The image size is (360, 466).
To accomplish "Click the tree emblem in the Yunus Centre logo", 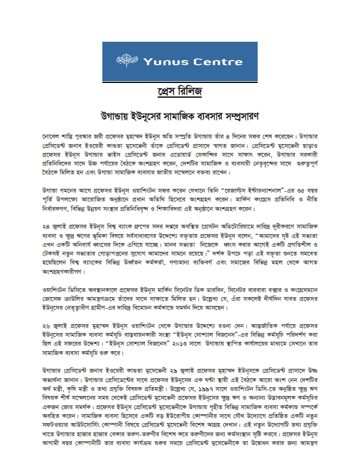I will (128, 61).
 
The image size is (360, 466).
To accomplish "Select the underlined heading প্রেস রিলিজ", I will (179, 94).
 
